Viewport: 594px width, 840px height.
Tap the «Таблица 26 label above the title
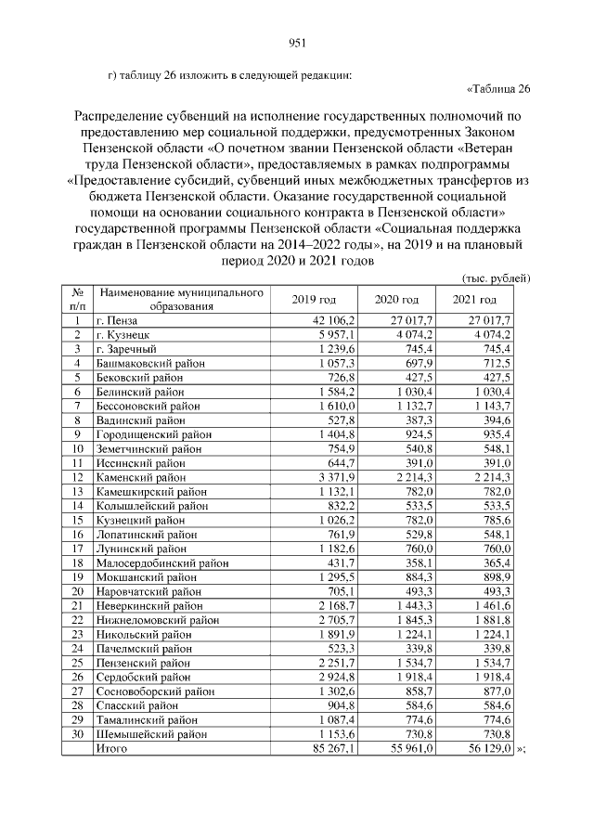coord(497,89)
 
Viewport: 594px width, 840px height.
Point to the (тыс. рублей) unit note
coord(496,277)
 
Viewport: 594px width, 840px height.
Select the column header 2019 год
coord(314,299)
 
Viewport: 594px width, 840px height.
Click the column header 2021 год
coord(473,299)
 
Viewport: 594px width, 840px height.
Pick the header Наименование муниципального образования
coord(182,299)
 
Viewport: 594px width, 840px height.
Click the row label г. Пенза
coord(120,320)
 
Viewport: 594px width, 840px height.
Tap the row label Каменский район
coord(141,476)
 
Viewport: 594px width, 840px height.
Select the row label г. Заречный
coord(129,348)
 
